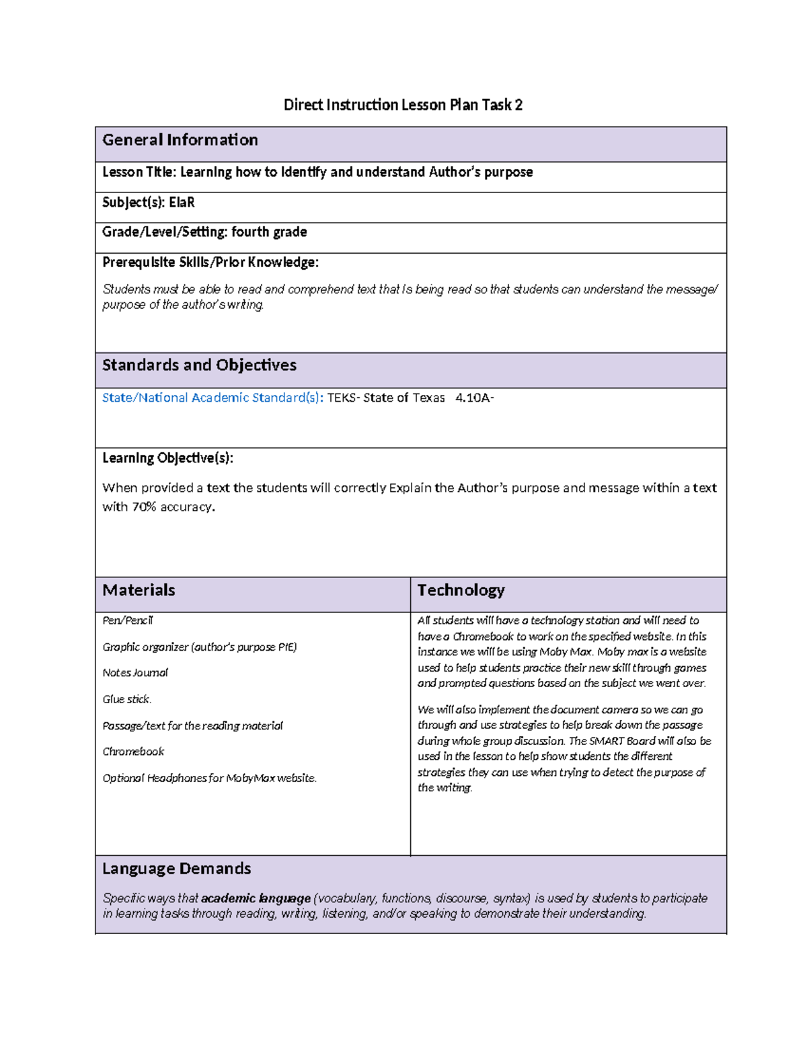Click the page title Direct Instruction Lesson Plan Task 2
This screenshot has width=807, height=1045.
(x=403, y=105)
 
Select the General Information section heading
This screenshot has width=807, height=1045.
(x=180, y=140)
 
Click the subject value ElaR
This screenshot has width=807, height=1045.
(x=182, y=203)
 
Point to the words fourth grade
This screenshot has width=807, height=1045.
(x=269, y=232)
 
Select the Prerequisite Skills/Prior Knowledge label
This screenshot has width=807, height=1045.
(x=210, y=262)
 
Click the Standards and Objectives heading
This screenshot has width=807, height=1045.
(x=199, y=365)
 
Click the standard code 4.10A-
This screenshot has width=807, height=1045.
(x=474, y=398)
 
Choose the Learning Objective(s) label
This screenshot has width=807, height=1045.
(x=167, y=458)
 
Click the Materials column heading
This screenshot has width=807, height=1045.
(x=139, y=590)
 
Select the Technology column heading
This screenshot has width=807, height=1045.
(x=461, y=590)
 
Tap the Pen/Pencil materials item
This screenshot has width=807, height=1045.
(x=128, y=620)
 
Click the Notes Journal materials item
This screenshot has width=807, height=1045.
(x=135, y=673)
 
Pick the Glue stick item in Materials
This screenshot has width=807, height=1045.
(x=127, y=699)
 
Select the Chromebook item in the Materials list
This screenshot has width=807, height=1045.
(x=133, y=752)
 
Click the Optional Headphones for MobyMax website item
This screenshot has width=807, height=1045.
(x=209, y=778)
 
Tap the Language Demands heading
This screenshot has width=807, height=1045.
(x=176, y=869)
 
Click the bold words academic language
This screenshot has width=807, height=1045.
(x=256, y=898)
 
